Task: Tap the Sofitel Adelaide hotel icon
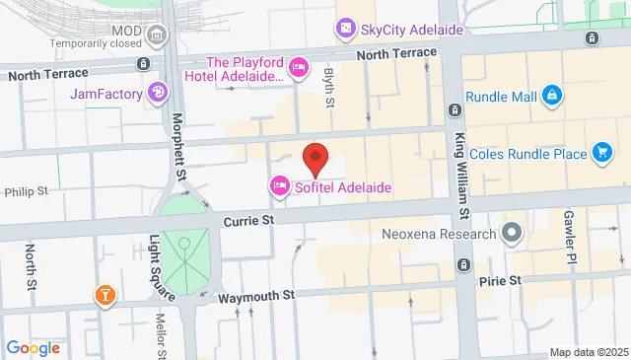[279, 186]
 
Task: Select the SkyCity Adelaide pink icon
[346, 30]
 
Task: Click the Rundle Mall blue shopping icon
[552, 95]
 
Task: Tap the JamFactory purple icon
[157, 94]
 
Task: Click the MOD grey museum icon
[156, 36]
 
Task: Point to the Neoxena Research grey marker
[511, 234]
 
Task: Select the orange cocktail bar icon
[104, 294]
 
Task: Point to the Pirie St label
[500, 281]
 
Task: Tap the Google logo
[34, 347]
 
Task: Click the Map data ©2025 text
[588, 352]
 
